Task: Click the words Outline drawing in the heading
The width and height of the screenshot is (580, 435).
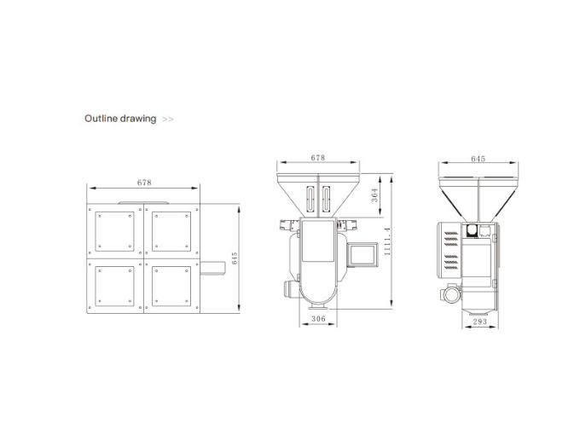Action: tap(119, 119)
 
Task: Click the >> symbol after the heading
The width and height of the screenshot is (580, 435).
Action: tap(168, 119)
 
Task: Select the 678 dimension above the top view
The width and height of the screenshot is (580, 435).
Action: tap(143, 183)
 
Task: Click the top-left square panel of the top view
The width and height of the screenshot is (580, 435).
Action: tap(115, 231)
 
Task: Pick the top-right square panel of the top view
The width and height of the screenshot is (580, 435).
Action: tap(171, 231)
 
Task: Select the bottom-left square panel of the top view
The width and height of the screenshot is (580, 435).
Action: tap(115, 286)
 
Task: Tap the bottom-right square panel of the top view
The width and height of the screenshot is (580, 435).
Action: tap(171, 286)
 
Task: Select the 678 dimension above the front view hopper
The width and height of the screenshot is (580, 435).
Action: tap(317, 158)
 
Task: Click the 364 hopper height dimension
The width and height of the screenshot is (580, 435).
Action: tap(375, 195)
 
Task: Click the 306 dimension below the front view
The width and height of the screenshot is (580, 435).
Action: tap(317, 319)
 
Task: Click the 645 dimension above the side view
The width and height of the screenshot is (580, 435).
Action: tap(478, 159)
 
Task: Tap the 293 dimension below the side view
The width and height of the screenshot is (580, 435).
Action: tap(479, 322)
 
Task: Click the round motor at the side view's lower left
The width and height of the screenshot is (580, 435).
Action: tap(449, 294)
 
